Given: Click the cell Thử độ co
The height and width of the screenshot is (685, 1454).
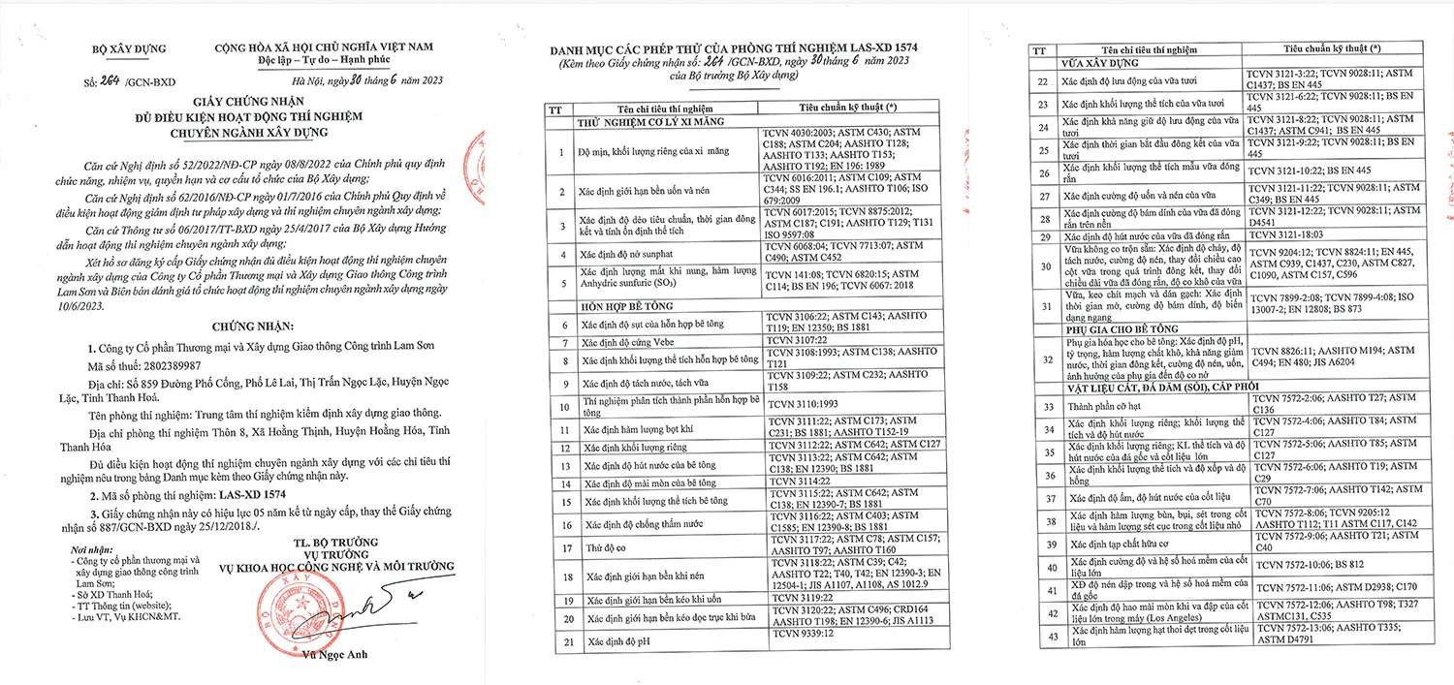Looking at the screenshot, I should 605,547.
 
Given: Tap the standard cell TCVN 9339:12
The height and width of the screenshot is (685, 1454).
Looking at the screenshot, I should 799,636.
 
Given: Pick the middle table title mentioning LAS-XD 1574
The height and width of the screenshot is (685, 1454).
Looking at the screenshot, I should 733,47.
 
